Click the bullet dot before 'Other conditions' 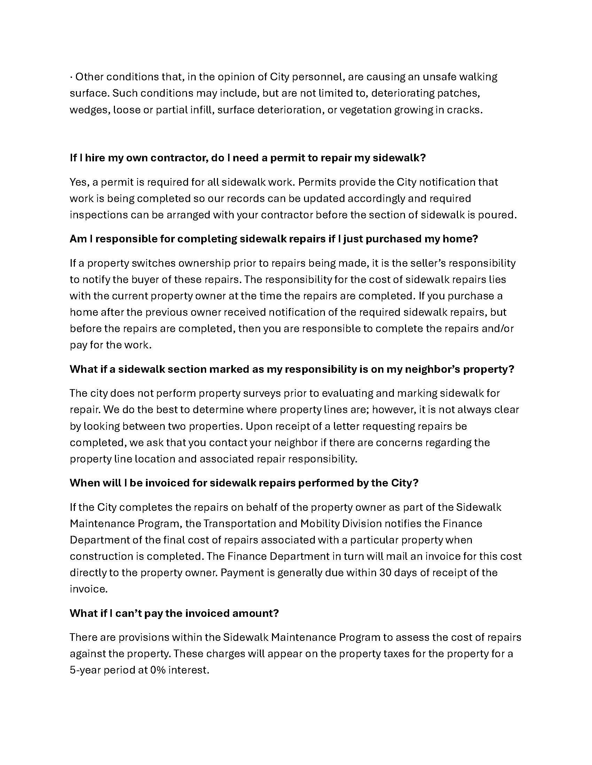click(71, 77)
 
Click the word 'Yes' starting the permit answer click(79, 183)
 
